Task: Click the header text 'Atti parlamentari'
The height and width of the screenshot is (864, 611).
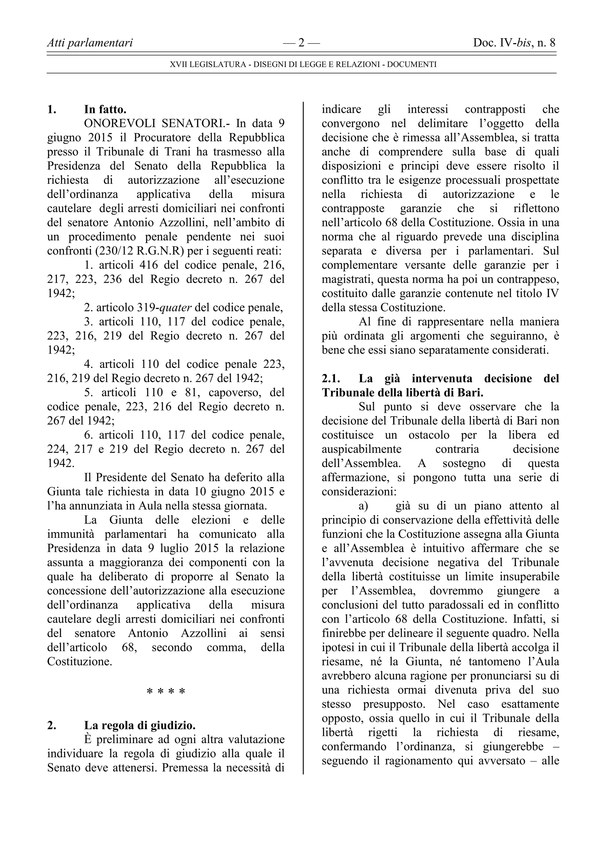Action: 90,43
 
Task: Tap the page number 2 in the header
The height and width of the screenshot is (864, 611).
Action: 301,43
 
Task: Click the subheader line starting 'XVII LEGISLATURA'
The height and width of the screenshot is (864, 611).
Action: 303,65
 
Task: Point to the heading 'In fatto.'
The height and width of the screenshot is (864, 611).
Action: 105,110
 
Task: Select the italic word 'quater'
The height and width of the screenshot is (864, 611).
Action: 175,308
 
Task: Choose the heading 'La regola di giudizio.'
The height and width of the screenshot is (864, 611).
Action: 140,725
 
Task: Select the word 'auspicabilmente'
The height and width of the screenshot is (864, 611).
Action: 361,449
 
